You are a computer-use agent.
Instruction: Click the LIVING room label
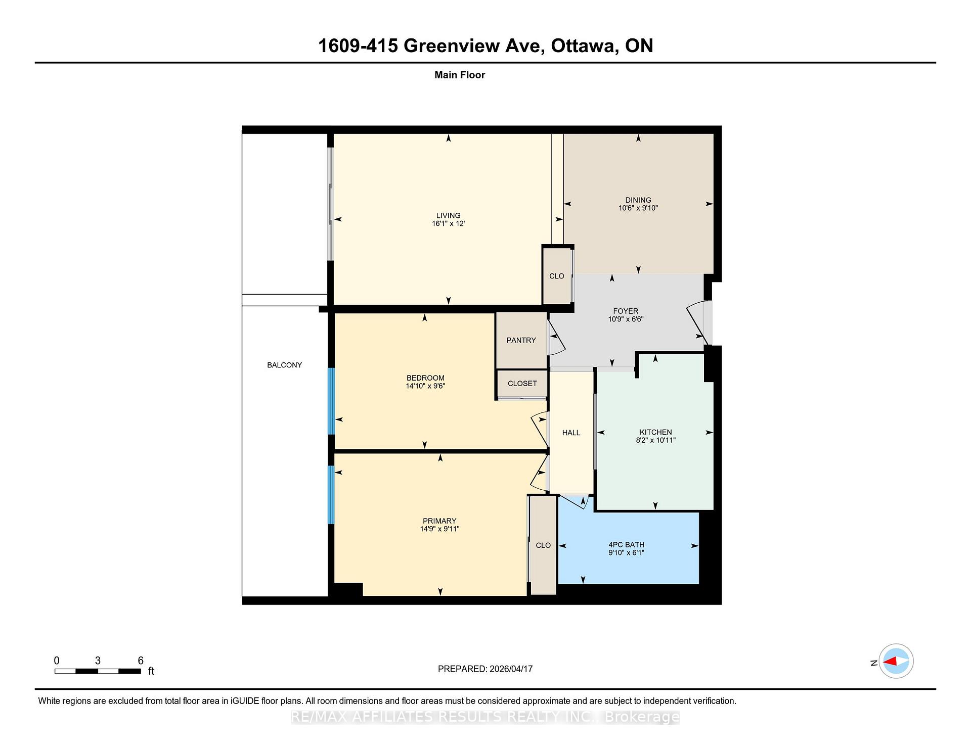tap(448, 215)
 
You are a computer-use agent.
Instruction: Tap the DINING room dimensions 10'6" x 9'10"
tap(638, 208)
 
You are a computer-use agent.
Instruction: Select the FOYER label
tap(626, 311)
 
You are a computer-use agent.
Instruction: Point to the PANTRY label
tap(521, 340)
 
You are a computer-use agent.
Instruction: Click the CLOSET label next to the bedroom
tap(522, 384)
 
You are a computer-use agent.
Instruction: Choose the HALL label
tap(571, 433)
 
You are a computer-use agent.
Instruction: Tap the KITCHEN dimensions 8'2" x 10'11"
tap(655, 440)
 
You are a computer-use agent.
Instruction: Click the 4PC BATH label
tap(626, 545)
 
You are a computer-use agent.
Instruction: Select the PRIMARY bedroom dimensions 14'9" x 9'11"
tap(439, 529)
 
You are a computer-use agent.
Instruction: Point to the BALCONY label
tap(284, 365)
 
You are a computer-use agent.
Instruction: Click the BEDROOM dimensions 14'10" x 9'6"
tap(425, 386)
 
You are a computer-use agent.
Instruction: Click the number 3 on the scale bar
tap(98, 661)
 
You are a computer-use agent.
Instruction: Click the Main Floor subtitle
tap(460, 75)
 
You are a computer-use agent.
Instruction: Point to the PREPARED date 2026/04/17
tap(511, 669)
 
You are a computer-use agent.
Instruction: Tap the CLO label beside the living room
tap(556, 276)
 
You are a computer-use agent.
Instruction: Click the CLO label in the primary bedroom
tap(543, 545)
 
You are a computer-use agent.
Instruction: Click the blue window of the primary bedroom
tap(331, 495)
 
